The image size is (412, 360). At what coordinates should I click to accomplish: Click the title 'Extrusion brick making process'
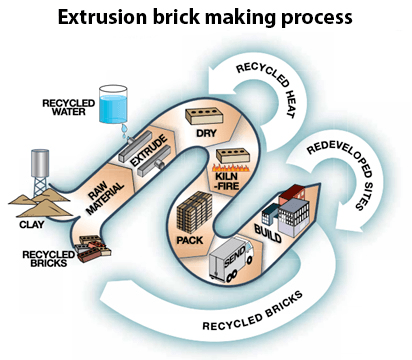pos(205,18)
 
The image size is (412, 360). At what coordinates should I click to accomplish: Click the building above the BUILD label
pos(286,207)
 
